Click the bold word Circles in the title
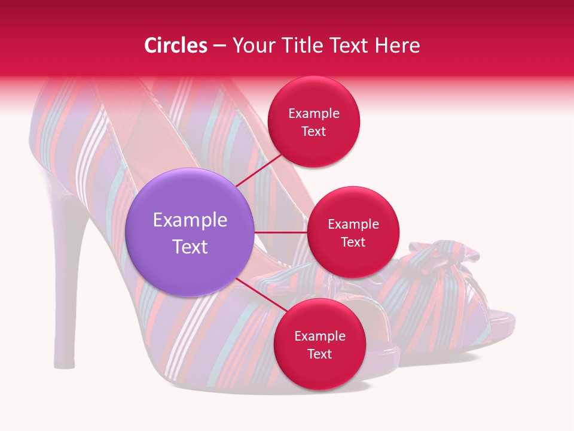pos(176,45)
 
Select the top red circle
pos(313,150)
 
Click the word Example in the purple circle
pos(190,220)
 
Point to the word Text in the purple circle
pos(190,247)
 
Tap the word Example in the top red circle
pos(313,114)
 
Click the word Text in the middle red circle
pos(353,242)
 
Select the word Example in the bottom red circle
pos(319,336)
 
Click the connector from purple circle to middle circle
pos(280,232)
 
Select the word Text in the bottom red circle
pos(319,354)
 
